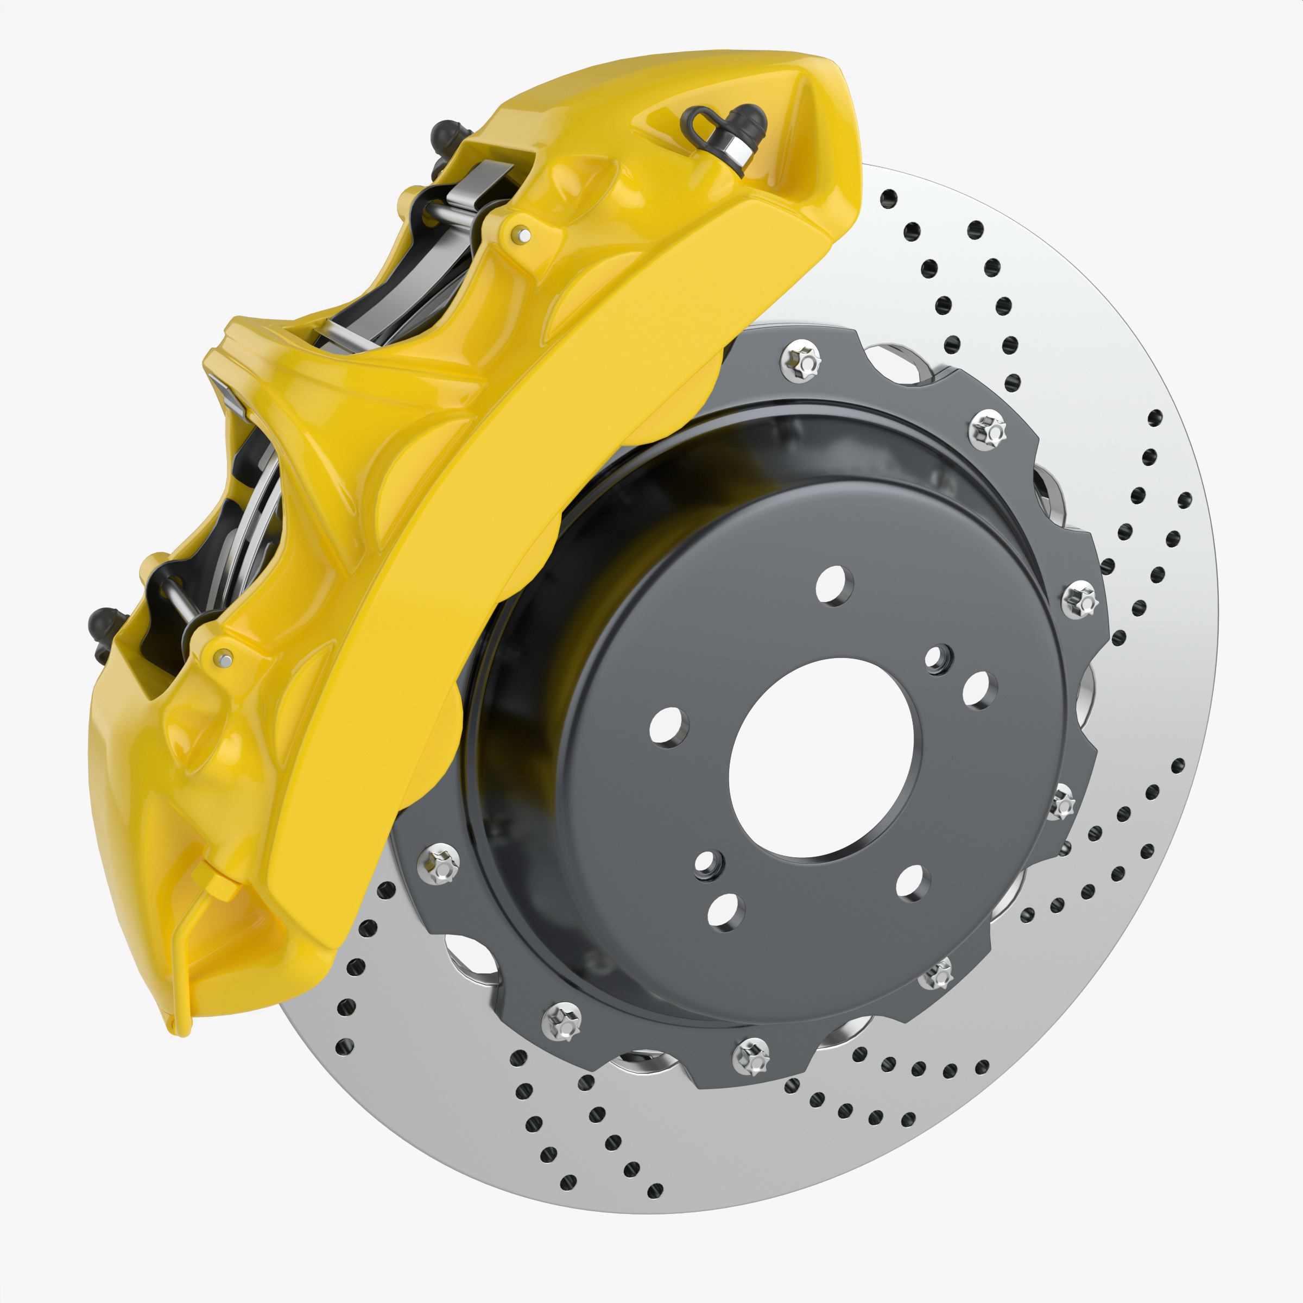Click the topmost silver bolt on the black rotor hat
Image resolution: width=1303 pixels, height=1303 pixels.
pyautogui.click(x=802, y=362)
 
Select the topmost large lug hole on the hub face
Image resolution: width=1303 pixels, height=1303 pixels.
pyautogui.click(x=834, y=584)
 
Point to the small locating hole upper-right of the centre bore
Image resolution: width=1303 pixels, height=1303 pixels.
pyautogui.click(x=938, y=659)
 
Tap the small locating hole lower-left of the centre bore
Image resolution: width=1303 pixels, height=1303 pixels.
pyautogui.click(x=708, y=864)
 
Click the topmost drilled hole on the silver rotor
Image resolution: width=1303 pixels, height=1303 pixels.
pyautogui.click(x=889, y=198)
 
